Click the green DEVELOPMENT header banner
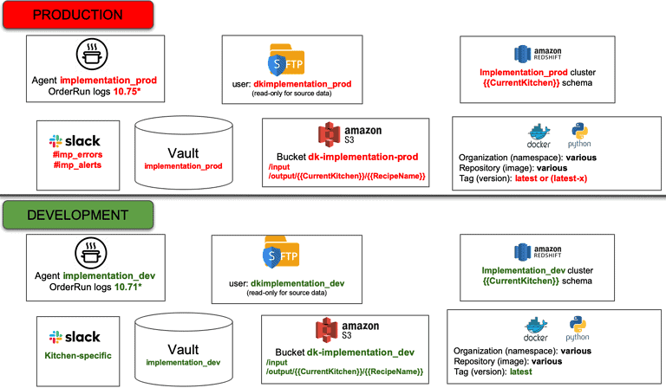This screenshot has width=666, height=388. coord(77,215)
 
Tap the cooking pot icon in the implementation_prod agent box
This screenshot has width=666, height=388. coord(91,55)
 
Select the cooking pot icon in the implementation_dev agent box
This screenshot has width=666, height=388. coord(91,253)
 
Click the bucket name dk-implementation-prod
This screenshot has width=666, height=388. coord(369,157)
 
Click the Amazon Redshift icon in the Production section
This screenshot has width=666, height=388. coord(523,52)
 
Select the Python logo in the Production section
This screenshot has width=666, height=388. coord(579,135)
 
